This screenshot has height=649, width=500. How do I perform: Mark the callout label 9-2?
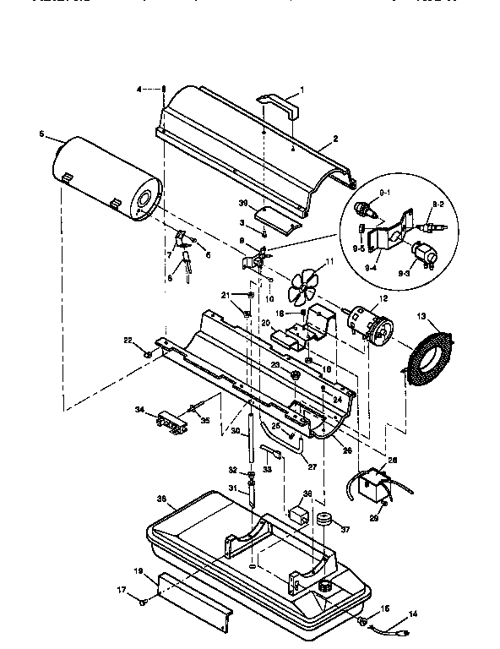438,204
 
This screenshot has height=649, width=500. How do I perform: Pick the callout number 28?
391,461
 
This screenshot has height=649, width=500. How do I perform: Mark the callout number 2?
335,138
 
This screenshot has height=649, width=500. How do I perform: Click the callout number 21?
226,294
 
